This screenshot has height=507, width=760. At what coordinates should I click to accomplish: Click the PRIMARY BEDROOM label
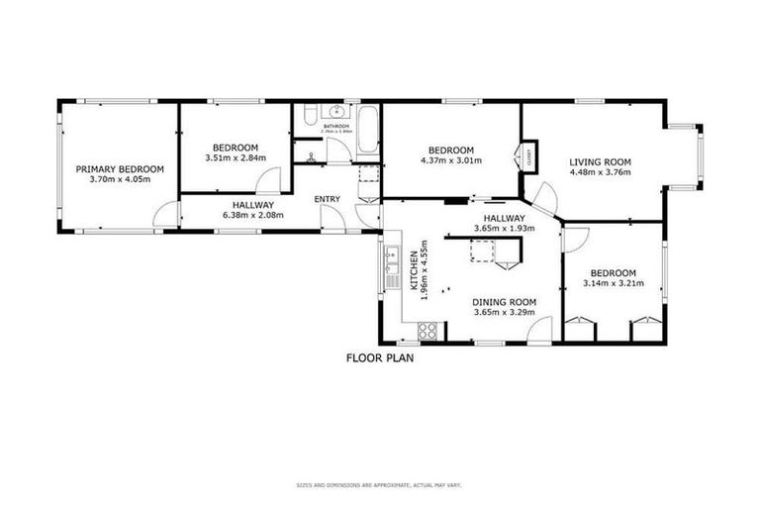tap(120, 169)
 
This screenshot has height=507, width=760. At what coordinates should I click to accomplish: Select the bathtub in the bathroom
tap(366, 132)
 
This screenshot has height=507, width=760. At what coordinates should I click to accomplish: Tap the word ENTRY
tap(327, 200)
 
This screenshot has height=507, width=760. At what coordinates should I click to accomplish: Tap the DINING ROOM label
tap(504, 301)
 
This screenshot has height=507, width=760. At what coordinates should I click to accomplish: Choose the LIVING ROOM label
tap(600, 162)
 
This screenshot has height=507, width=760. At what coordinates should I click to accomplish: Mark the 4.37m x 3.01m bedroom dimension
tap(450, 160)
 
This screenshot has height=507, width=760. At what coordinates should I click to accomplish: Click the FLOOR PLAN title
tap(379, 359)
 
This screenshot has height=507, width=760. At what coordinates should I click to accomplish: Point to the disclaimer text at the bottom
tap(379, 485)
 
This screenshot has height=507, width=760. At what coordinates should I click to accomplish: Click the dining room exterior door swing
tap(538, 331)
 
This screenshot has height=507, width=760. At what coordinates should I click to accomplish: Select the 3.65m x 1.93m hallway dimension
tap(504, 228)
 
